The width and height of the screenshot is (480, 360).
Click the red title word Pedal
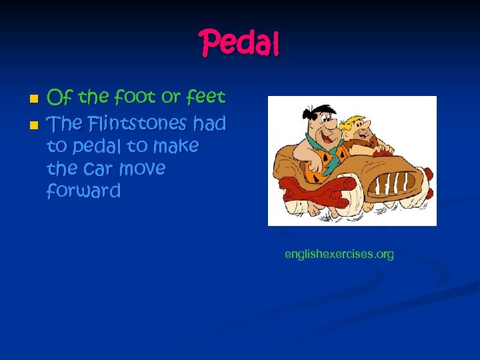[240, 44]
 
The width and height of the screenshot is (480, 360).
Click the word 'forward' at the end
[83, 192]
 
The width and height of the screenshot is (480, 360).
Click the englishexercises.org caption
[339, 254]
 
